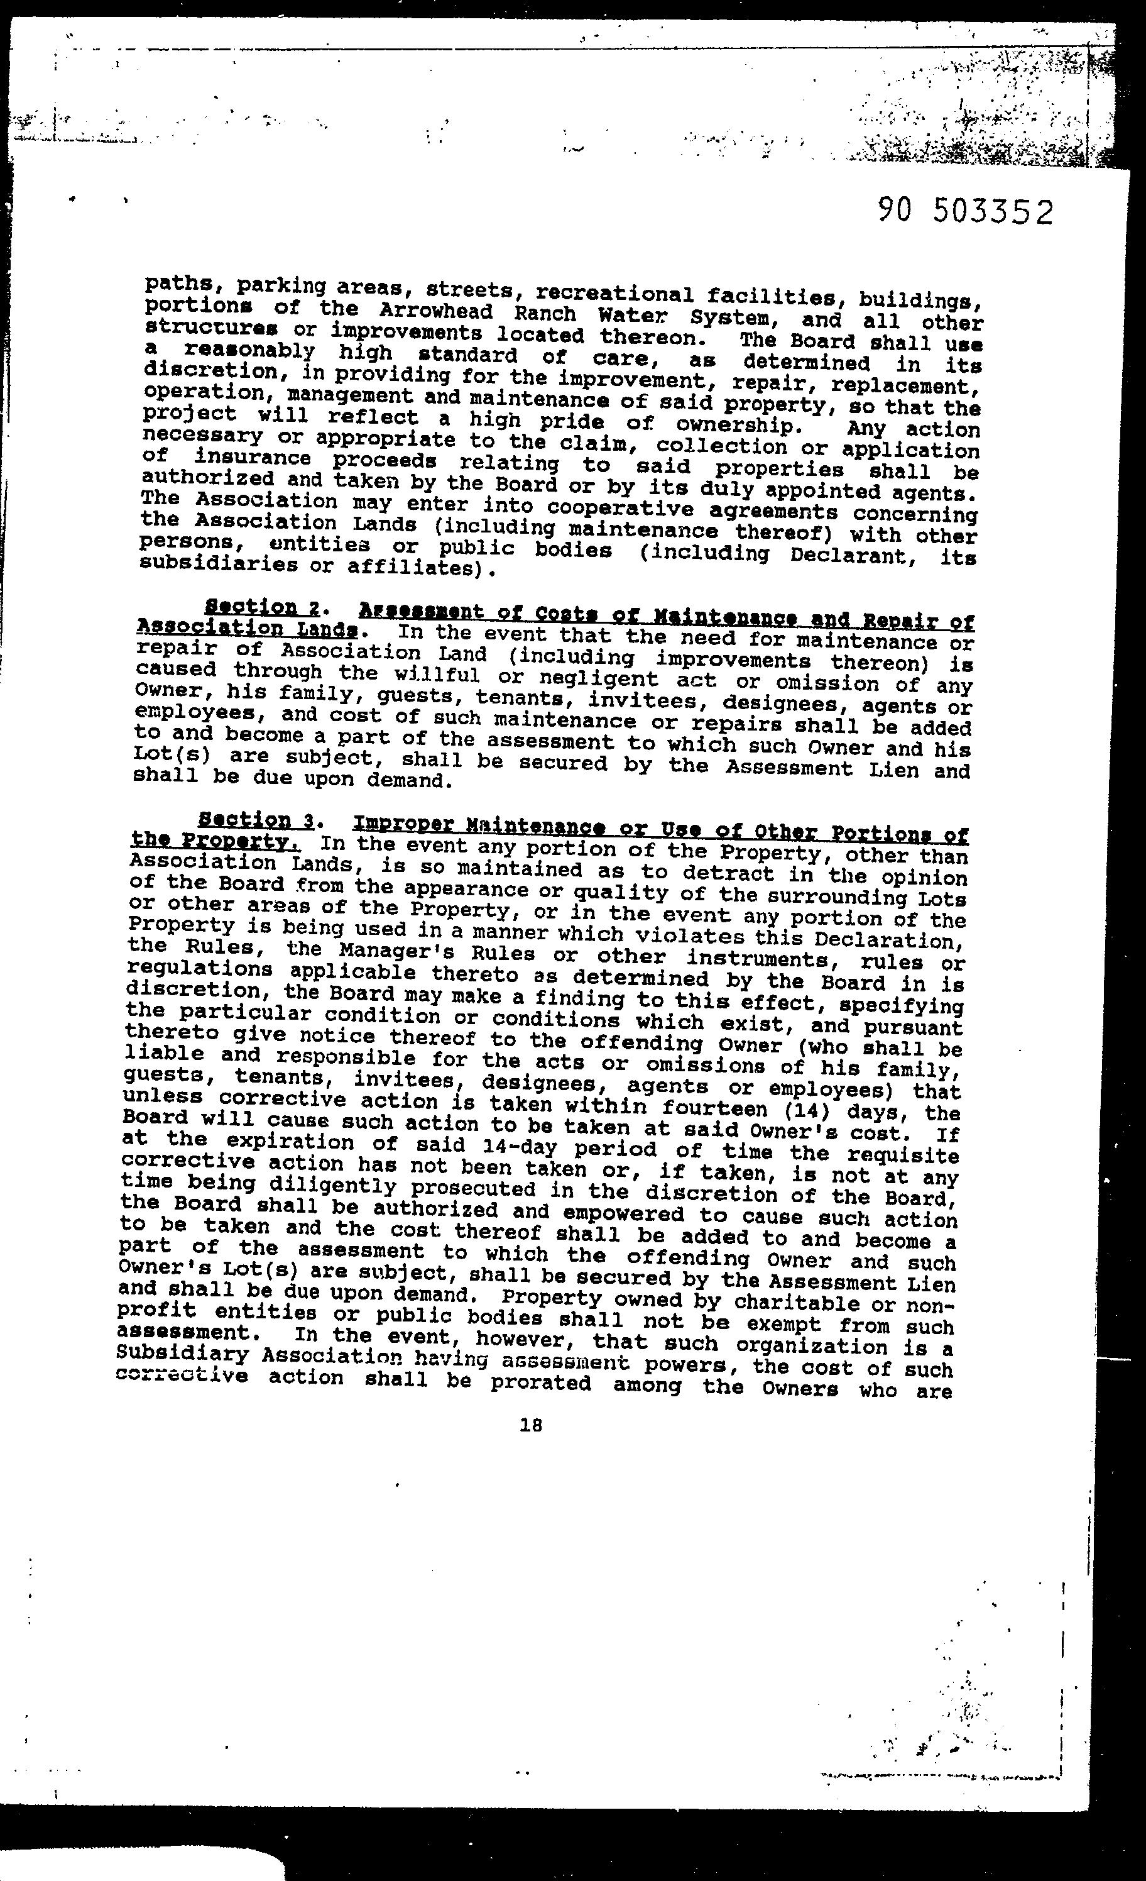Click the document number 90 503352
pos(965,211)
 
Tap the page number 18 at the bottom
pos(530,1424)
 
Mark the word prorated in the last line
pos(541,1383)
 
